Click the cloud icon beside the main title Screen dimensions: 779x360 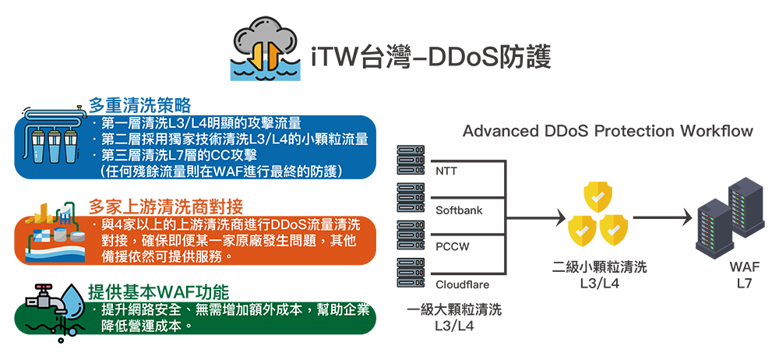click(266, 48)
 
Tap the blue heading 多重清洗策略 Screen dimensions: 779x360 click(139, 105)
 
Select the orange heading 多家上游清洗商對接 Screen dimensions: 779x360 click(165, 206)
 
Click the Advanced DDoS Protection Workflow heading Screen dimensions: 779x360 click(608, 131)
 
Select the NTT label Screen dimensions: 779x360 click(446, 172)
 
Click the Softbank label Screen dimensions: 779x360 click(459, 210)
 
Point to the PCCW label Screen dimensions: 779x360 click(452, 247)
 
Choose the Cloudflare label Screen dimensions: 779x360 click(462, 285)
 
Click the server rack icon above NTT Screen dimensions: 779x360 click(411, 160)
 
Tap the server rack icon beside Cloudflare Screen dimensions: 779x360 click(411, 273)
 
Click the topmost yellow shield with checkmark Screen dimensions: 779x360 click(597, 196)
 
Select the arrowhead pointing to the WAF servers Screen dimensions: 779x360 click(687, 217)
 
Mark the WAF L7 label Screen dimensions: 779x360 click(745, 274)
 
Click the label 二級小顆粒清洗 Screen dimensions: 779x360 click(599, 267)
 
